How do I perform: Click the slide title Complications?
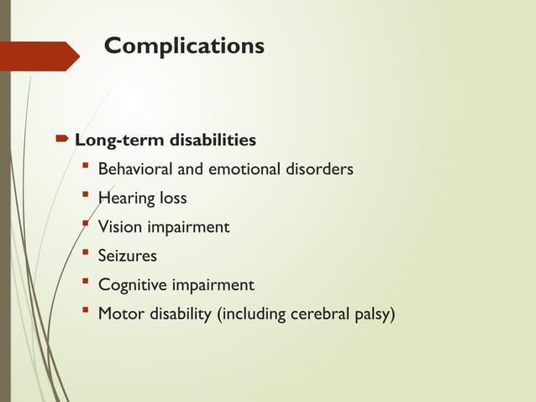pos(183,45)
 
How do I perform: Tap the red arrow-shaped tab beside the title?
pos(42,56)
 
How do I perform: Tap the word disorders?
pos(320,170)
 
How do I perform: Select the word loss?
pos(171,198)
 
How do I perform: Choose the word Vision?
pos(119,227)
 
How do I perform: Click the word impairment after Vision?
pos(187,228)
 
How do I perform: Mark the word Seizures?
pos(127,256)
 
